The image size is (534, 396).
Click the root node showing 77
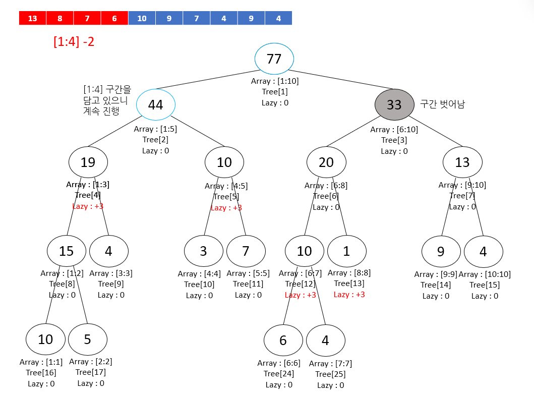274,59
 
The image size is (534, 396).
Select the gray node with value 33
394,104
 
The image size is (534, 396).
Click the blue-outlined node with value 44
155,104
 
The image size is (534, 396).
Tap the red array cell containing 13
32,19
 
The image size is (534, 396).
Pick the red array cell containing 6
114,19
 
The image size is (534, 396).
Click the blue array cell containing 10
142,19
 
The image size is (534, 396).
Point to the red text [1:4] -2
74,42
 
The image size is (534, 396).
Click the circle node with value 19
88,162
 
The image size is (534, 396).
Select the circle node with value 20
326,162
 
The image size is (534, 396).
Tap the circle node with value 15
67,251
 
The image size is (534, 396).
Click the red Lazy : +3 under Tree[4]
88,206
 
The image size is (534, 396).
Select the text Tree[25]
330,374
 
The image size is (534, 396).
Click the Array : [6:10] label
394,130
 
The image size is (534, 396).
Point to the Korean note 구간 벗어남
442,104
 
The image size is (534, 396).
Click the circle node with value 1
346,251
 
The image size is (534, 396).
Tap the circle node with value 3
203,251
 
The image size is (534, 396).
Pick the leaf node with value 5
88,339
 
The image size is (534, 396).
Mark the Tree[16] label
41,373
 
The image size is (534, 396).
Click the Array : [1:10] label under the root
275,81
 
